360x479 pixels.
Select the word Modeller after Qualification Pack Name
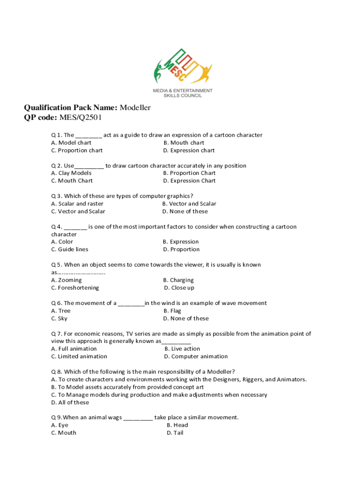click(x=135, y=108)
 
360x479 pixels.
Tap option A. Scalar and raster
click(x=77, y=204)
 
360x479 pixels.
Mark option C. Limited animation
click(x=79, y=356)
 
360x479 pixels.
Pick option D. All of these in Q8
click(x=70, y=403)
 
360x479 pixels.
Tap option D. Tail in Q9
click(x=175, y=433)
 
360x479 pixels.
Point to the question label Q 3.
click(x=56, y=196)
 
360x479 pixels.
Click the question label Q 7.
click(x=56, y=334)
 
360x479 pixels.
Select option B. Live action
click(x=182, y=349)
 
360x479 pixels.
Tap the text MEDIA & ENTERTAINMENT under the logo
click(x=182, y=91)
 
